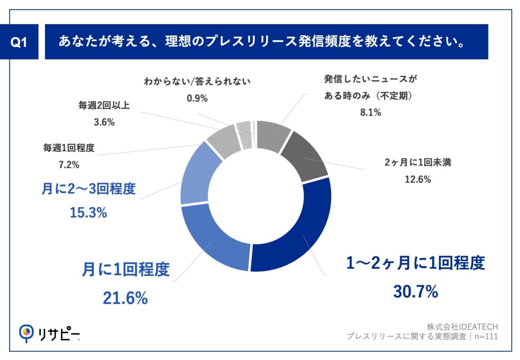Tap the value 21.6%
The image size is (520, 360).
pos(125,298)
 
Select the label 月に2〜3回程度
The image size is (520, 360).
pos(89,190)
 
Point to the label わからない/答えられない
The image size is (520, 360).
pos(197,81)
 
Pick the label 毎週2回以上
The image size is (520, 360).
pos(104,105)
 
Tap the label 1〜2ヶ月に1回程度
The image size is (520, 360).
pos(415,263)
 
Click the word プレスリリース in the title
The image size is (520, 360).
pos(245,42)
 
